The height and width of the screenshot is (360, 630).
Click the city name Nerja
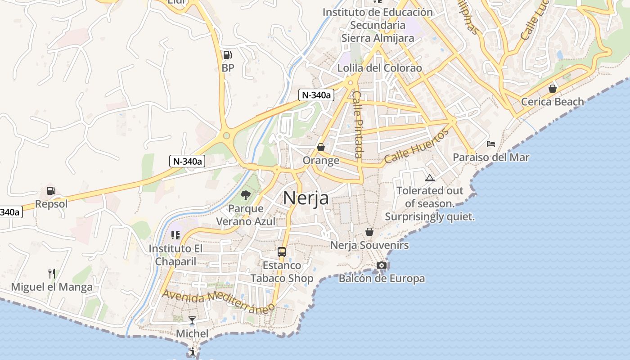click(306, 198)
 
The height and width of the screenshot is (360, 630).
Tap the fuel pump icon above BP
click(228, 55)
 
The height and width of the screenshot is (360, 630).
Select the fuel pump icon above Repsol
click(51, 191)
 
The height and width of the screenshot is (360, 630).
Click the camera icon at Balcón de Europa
click(382, 265)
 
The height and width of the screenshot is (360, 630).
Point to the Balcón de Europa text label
click(382, 279)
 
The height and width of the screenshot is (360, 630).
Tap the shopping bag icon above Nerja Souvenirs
click(369, 232)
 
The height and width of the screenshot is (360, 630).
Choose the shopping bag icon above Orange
click(321, 147)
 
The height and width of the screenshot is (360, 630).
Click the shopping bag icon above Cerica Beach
click(553, 89)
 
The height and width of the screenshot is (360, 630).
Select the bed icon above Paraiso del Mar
click(491, 144)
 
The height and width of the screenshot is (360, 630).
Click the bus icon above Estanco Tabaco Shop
click(282, 252)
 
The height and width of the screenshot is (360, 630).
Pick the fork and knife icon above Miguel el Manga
click(52, 273)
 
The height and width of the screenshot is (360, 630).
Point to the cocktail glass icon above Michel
click(192, 320)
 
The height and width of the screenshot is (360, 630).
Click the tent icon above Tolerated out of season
click(429, 178)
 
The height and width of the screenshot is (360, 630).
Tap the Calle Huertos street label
click(417, 146)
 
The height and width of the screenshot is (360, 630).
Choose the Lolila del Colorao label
click(380, 68)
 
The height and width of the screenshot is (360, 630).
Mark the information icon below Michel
click(193, 351)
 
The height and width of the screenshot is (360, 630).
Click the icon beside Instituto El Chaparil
click(175, 235)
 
